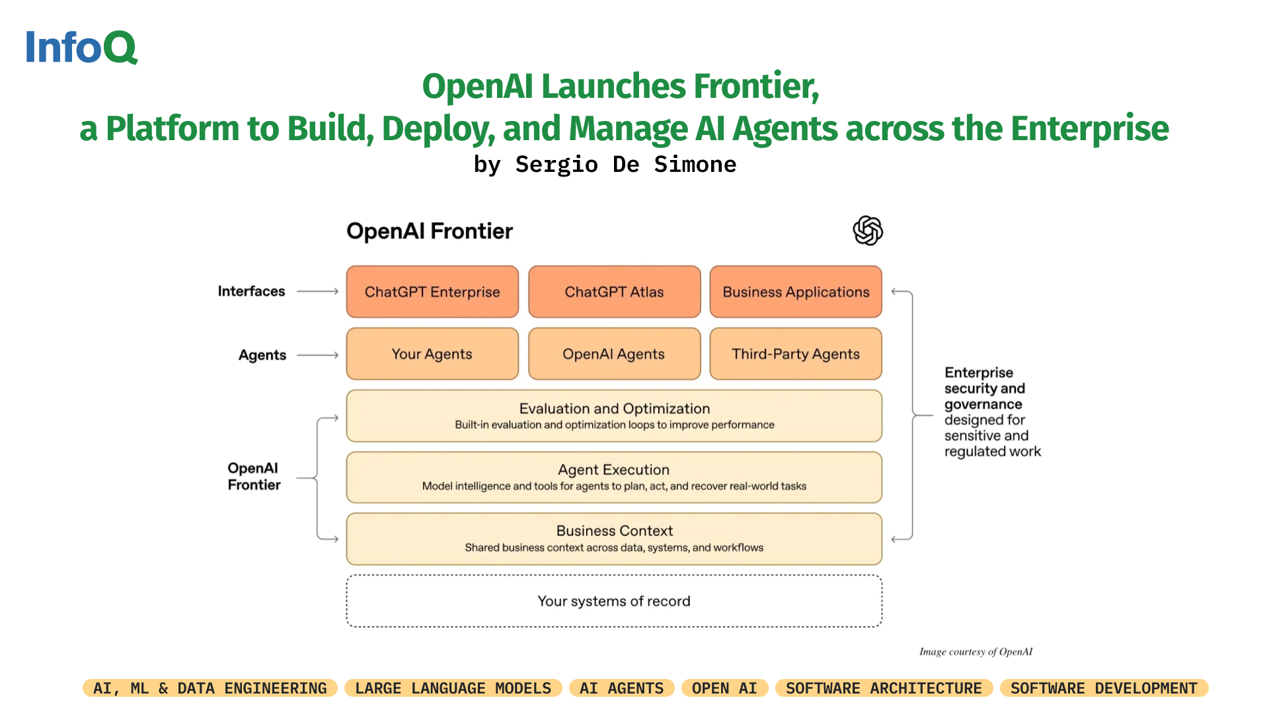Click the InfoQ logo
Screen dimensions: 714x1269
click(x=81, y=47)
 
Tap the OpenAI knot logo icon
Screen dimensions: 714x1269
click(x=867, y=231)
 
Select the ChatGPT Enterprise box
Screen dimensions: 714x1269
click(x=432, y=292)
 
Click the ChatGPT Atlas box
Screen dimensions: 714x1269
click(x=614, y=292)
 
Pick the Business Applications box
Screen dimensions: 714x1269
click(x=796, y=292)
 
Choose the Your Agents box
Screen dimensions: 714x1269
click(x=432, y=354)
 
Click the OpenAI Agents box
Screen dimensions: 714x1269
click(x=614, y=354)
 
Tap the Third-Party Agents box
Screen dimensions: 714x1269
click(x=796, y=354)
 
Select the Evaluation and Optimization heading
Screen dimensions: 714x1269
click(x=614, y=409)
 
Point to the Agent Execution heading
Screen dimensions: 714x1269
click(x=613, y=469)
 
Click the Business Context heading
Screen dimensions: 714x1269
click(x=614, y=531)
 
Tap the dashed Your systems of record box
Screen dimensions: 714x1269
click(x=614, y=601)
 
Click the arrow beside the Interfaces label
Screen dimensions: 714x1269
click(x=318, y=291)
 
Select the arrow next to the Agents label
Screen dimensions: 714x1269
click(x=318, y=355)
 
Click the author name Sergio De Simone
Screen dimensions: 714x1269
click(x=625, y=164)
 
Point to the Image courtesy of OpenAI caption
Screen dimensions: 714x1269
click(x=976, y=652)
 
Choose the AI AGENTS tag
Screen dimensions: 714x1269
click(x=621, y=688)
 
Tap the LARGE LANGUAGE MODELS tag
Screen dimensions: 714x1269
click(x=453, y=688)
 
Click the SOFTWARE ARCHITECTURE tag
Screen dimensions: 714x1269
click(x=884, y=688)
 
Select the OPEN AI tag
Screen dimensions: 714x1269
click(x=724, y=688)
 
